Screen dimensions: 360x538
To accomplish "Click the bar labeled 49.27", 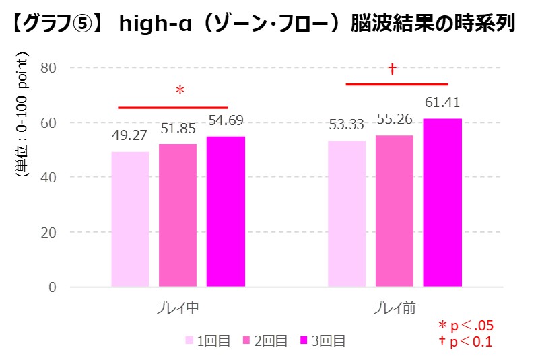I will [130, 219].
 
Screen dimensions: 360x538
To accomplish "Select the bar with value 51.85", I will [178, 215].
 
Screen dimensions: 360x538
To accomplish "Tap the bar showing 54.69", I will [226, 211].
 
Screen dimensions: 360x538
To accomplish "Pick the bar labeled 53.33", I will [347, 213].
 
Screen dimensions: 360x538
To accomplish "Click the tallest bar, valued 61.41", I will [442, 203].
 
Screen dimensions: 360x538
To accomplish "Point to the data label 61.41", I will [442, 103].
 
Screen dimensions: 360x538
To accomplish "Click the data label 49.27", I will [130, 136].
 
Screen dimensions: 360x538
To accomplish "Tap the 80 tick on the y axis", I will [48, 67].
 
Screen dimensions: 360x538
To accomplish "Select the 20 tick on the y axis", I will [48, 232].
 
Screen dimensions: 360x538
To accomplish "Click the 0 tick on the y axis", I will [51, 287].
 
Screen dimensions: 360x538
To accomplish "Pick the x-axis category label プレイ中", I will [177, 309].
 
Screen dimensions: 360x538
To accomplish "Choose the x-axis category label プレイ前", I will [395, 309].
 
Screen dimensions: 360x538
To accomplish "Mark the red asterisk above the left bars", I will [180, 91].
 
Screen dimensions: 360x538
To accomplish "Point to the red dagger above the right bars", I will [392, 69].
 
